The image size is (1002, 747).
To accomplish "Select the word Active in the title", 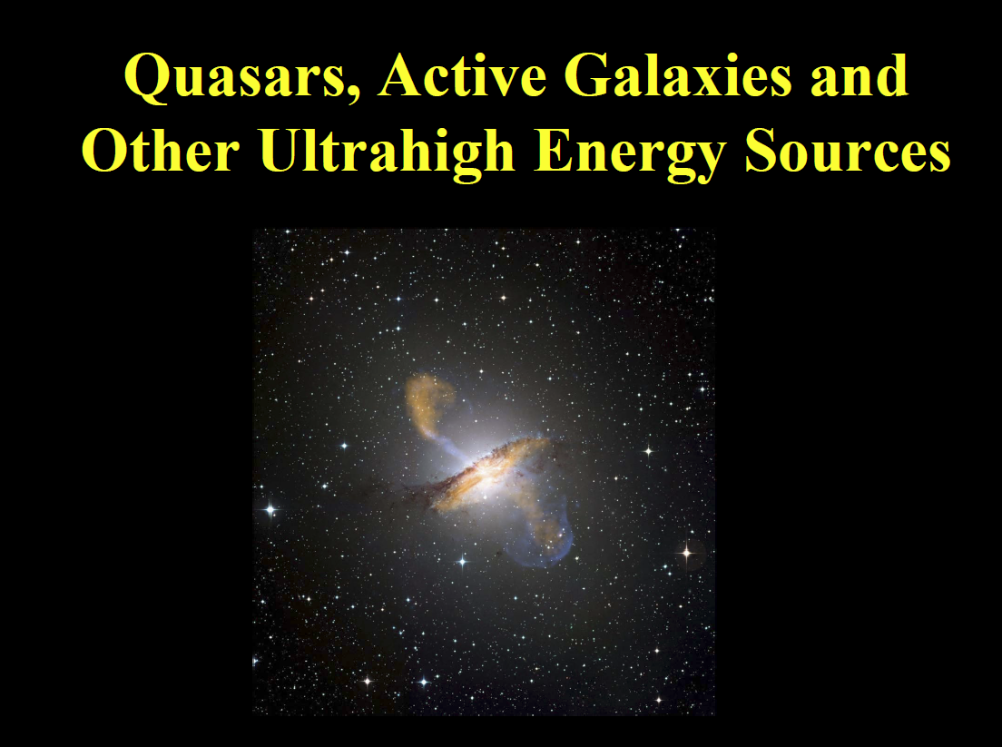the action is (x=463, y=75).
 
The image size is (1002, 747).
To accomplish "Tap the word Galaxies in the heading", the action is (x=678, y=75).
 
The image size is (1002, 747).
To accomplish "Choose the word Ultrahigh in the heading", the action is (x=388, y=154).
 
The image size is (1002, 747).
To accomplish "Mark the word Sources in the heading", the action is (x=848, y=151).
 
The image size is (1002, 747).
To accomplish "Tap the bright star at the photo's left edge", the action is (x=270, y=510).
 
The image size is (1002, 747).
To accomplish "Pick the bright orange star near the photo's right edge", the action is (x=687, y=552).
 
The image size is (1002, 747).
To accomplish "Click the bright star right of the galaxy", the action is (x=649, y=451).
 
